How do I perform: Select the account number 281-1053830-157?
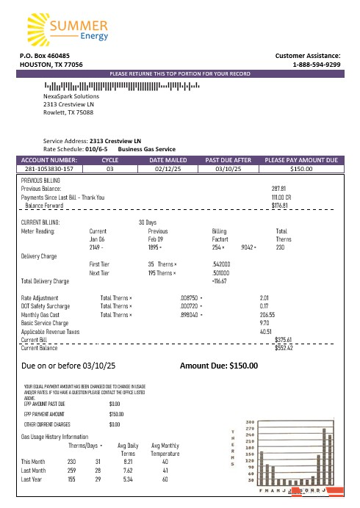[46, 169]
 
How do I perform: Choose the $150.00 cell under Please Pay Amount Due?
[300, 169]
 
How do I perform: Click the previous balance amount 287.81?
[278, 189]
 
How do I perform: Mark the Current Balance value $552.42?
[284, 348]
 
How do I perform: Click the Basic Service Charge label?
[45, 322]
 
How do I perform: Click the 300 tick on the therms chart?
[250, 421]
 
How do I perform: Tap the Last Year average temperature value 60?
[165, 479]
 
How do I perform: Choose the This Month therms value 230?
[72, 462]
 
